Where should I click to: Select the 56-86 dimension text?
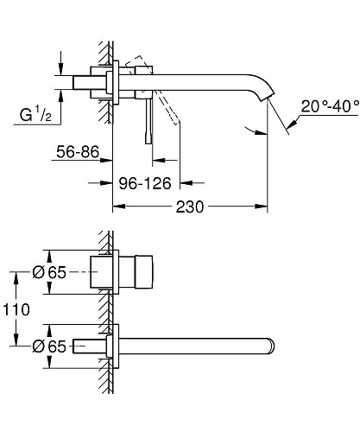(74, 152)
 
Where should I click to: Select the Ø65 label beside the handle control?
(51, 271)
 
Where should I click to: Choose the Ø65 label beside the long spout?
(51, 345)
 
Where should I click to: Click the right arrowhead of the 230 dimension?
(262, 208)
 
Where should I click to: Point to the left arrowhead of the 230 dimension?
(119, 208)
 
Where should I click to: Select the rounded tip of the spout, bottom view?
(272, 345)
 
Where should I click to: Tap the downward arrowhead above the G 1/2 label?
(60, 67)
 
